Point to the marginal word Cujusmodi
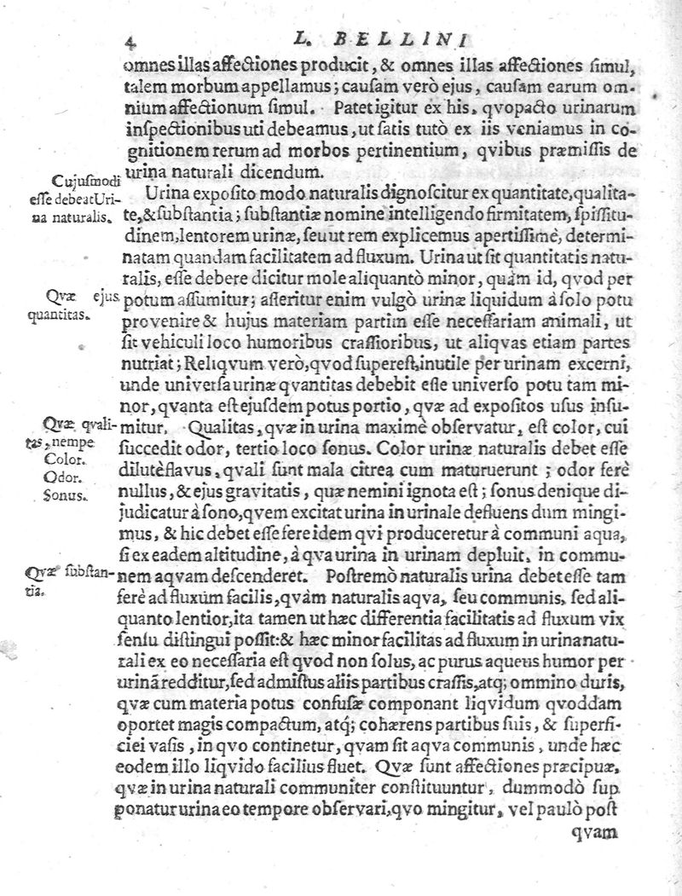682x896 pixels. [x=79, y=182]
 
